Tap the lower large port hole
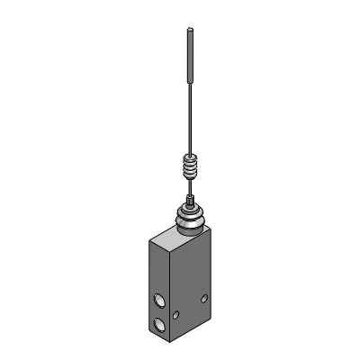[x=158, y=325]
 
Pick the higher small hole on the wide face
[x=205, y=297]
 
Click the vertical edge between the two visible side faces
[x=171, y=297]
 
